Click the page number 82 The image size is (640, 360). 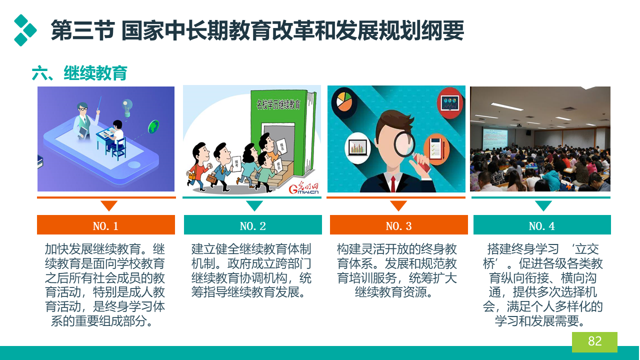click(x=594, y=341)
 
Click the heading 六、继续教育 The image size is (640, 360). click(x=79, y=73)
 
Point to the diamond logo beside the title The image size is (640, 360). click(x=25, y=30)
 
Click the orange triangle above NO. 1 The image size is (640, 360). click(x=109, y=205)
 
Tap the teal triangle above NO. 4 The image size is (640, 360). click(x=543, y=205)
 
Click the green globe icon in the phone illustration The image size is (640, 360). click(x=153, y=127)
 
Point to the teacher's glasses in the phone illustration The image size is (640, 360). click(x=83, y=109)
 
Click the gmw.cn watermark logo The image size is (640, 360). click(x=303, y=188)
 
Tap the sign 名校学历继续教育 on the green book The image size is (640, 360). click(x=278, y=104)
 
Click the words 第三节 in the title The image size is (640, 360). click(x=82, y=30)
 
